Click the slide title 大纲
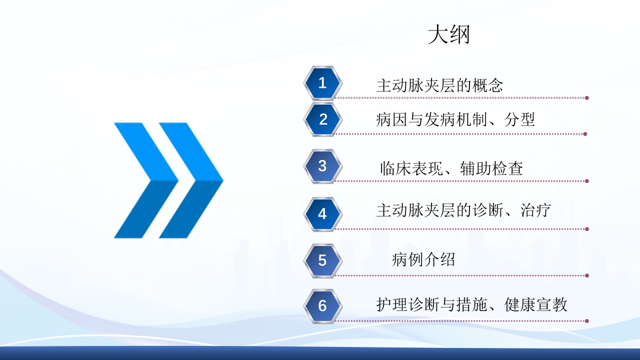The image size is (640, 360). tap(448, 35)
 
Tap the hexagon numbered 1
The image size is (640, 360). tap(322, 83)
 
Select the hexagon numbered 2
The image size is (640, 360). tap(322, 119)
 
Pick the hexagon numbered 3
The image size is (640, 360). tap(322, 166)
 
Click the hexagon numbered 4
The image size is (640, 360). tap(322, 214)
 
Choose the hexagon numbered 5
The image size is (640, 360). tap(322, 260)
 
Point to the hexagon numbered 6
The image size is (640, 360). tap(322, 305)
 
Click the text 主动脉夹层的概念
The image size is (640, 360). tap(439, 85)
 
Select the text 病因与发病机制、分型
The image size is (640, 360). tap(455, 120)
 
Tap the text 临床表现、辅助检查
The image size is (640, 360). tap(451, 168)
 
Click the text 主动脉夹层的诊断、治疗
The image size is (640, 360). tap(463, 210)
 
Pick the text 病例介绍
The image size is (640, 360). tap(423, 260)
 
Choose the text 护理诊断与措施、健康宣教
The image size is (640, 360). tap(471, 304)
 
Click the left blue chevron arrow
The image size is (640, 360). tap(145, 180)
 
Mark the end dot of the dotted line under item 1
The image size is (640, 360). tap(586, 98)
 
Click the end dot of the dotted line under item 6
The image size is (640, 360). tap(586, 321)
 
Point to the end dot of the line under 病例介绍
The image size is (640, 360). tap(586, 275)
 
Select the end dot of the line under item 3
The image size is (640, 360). tap(586, 181)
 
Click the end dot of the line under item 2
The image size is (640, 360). tap(585, 134)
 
